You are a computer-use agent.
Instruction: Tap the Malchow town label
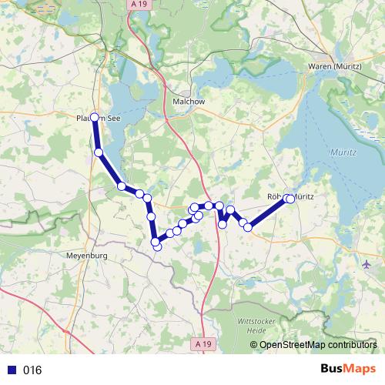[186, 100]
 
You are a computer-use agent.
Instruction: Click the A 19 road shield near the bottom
[202, 343]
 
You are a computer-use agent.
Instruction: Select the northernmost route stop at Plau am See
[95, 117]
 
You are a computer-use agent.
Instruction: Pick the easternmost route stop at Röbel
[291, 199]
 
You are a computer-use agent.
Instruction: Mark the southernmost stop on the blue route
[157, 246]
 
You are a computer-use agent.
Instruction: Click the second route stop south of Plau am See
[121, 186]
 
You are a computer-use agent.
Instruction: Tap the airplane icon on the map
[366, 264]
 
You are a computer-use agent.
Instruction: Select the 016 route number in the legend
[32, 370]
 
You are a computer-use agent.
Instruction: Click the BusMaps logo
[349, 370]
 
